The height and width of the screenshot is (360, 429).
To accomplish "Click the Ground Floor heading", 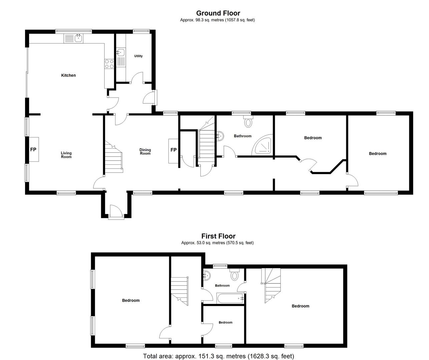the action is pyautogui.click(x=218, y=13).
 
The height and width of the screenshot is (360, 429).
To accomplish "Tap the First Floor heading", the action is pyautogui.click(x=218, y=236).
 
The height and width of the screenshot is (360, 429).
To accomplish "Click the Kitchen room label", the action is pyautogui.click(x=68, y=75).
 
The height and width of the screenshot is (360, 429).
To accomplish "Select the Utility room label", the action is pyautogui.click(x=138, y=56).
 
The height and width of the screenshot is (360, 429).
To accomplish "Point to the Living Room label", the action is pyautogui.click(x=66, y=155).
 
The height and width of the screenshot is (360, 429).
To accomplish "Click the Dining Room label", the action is pyautogui.click(x=145, y=152).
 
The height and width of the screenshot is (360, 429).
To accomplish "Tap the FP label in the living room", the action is pyautogui.click(x=33, y=150).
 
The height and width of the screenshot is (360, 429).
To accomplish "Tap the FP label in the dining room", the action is pyautogui.click(x=173, y=150).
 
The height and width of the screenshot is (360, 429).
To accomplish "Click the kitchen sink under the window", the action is pyautogui.click(x=73, y=38).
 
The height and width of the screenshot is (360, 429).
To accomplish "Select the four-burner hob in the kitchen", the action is pyautogui.click(x=109, y=64).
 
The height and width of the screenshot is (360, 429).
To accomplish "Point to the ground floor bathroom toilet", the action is pyautogui.click(x=248, y=121).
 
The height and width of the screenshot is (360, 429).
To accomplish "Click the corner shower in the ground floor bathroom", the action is pyautogui.click(x=262, y=145).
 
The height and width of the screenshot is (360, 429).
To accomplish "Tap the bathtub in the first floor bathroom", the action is pyautogui.click(x=230, y=298).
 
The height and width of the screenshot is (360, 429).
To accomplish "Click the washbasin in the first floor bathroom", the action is pyautogui.click(x=207, y=275).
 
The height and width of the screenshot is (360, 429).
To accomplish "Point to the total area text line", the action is pyautogui.click(x=219, y=356).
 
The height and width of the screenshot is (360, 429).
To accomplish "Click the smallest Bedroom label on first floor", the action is pyautogui.click(x=226, y=322).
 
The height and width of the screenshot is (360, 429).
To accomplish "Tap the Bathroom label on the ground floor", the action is pyautogui.click(x=243, y=136).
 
